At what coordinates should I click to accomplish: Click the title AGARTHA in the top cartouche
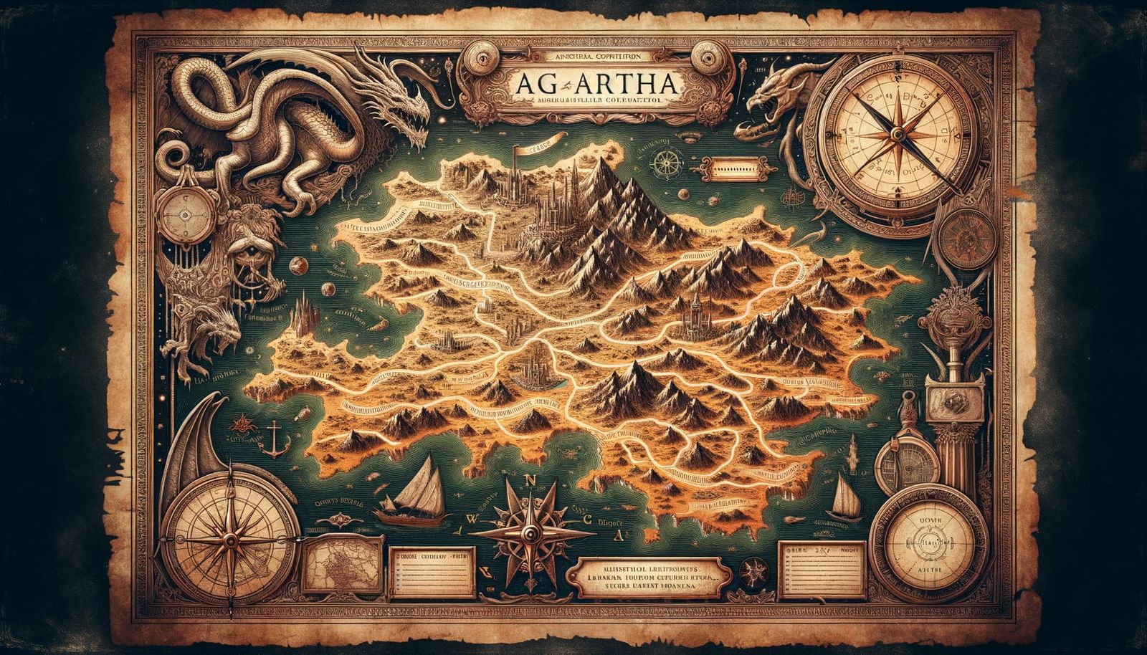pyautogui.click(x=594, y=84)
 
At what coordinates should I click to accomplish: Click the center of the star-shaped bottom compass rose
pyautogui.click(x=529, y=532)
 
